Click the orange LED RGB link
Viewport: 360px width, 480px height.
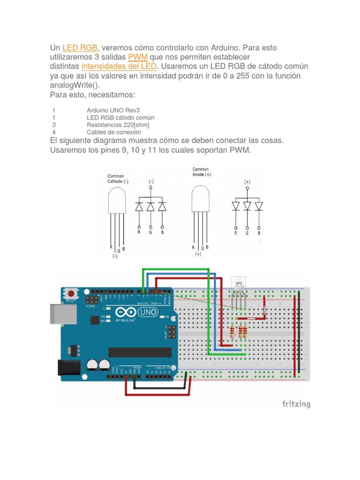coord(80,48)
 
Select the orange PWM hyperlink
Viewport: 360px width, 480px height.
coord(138,57)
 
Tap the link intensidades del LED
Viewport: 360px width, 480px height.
coord(120,67)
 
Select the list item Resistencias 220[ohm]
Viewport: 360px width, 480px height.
coord(118,125)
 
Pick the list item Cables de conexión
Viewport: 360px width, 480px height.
coord(114,132)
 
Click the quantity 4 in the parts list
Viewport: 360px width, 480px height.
coord(54,132)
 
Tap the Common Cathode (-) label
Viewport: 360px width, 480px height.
coord(118,179)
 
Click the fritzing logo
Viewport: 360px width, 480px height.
coord(295,404)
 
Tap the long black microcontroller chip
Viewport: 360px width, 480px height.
coord(140,352)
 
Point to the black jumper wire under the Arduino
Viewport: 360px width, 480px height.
coord(159,387)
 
